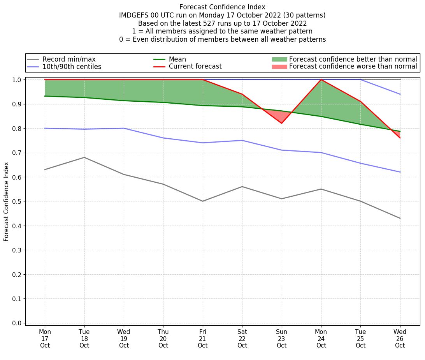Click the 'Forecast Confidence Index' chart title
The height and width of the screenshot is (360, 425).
[222, 7]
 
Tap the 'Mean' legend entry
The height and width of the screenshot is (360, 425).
[177, 59]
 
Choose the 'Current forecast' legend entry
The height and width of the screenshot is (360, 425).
[195, 67]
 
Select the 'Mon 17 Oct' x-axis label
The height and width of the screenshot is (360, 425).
[45, 339]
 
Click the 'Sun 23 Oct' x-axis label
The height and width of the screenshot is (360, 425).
[281, 339]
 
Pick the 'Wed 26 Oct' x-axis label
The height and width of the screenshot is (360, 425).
[400, 339]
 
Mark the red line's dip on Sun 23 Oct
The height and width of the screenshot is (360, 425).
[281, 123]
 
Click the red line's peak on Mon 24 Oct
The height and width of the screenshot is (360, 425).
[321, 79]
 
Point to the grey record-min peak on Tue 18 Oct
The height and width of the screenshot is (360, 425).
[84, 157]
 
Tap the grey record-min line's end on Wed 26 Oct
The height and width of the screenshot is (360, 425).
[400, 218]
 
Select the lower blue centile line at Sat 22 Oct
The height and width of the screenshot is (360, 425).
[242, 140]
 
